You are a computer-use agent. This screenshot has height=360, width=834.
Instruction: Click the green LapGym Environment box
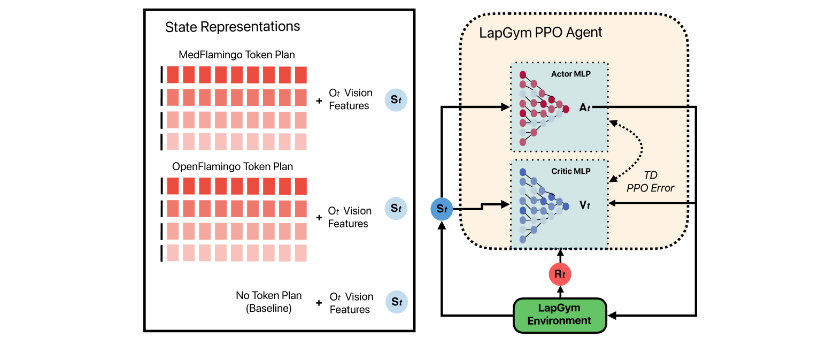tap(560, 315)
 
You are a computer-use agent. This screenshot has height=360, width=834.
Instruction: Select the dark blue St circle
tap(441, 209)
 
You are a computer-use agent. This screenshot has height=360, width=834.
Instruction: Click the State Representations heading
tap(233, 27)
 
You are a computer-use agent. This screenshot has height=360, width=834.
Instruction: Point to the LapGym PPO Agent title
tap(540, 33)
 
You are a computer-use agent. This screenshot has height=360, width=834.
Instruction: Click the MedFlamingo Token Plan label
tap(236, 55)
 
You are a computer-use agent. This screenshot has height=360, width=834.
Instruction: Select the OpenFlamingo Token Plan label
tap(233, 166)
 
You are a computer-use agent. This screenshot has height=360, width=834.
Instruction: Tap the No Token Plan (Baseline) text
tap(268, 302)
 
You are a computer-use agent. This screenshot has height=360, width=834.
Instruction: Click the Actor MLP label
tap(570, 74)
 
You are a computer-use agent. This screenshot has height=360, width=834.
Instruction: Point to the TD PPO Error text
tap(650, 181)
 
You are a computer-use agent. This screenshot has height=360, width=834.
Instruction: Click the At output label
tap(585, 108)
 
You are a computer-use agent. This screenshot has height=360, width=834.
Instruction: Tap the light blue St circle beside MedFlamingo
tap(396, 100)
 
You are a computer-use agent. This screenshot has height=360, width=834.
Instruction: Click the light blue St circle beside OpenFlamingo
tap(396, 208)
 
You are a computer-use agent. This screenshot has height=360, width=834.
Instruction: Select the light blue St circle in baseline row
tap(397, 302)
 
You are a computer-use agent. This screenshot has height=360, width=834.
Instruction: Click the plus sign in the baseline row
tap(319, 303)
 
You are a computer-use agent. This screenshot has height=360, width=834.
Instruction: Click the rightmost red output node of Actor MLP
tap(566, 109)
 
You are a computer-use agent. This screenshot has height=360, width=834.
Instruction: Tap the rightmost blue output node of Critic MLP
tap(566, 206)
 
